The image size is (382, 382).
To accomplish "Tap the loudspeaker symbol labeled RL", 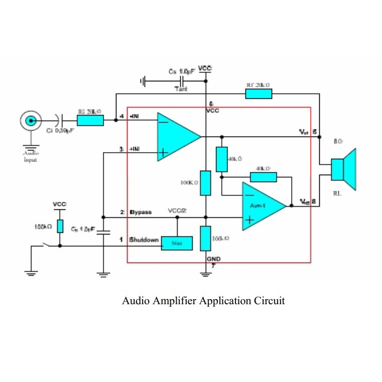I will pyautogui.click(x=344, y=169).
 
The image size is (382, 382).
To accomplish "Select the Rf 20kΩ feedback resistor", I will pyautogui.click(x=259, y=93).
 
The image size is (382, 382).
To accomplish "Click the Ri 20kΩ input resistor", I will pyautogui.click(x=90, y=120).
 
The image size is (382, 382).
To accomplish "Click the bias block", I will pyautogui.click(x=177, y=243).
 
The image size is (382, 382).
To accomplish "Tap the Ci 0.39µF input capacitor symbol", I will pyautogui.click(x=59, y=120).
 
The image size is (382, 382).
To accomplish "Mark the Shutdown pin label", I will pyautogui.click(x=144, y=239).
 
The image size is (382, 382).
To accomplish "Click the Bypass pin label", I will pyautogui.click(x=141, y=212).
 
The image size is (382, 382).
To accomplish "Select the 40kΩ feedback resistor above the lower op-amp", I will pyautogui.click(x=263, y=177).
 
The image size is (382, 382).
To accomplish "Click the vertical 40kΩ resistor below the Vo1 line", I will pyautogui.click(x=221, y=159).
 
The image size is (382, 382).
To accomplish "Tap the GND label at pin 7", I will pyautogui.click(x=213, y=259).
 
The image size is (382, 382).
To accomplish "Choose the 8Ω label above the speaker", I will pyautogui.click(x=338, y=142).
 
